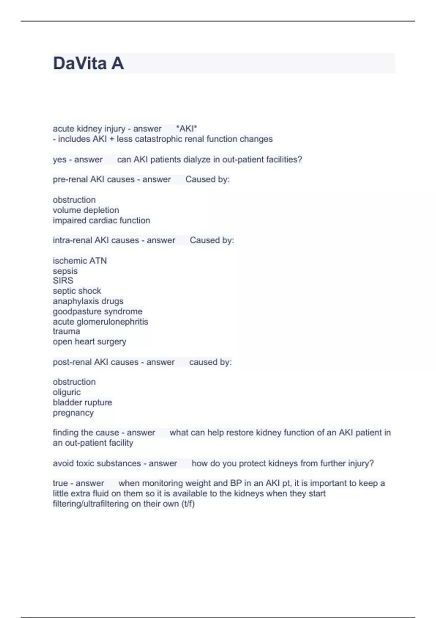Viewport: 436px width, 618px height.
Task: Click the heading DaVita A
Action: coord(88,63)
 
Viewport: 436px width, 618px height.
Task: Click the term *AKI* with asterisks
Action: coord(186,129)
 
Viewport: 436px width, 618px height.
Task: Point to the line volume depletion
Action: coord(86,210)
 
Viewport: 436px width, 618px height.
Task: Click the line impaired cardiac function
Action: coord(101,220)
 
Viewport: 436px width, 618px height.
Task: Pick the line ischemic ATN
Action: coord(80,261)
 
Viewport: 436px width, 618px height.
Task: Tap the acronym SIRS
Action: coord(63,281)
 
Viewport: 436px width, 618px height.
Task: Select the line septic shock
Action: coord(77,291)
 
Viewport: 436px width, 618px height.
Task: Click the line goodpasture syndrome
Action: coord(97,312)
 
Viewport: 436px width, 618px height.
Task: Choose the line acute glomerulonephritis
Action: coord(100,322)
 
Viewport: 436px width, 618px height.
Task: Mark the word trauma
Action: coord(66,331)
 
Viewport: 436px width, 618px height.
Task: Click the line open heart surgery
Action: coord(89,342)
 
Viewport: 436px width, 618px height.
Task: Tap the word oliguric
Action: coord(66,392)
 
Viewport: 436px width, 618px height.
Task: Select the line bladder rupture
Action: coord(82,402)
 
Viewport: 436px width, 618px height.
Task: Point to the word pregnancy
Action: coord(73,413)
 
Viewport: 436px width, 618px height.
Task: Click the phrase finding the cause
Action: coord(86,433)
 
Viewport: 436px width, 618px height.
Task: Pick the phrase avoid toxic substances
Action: coord(97,463)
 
